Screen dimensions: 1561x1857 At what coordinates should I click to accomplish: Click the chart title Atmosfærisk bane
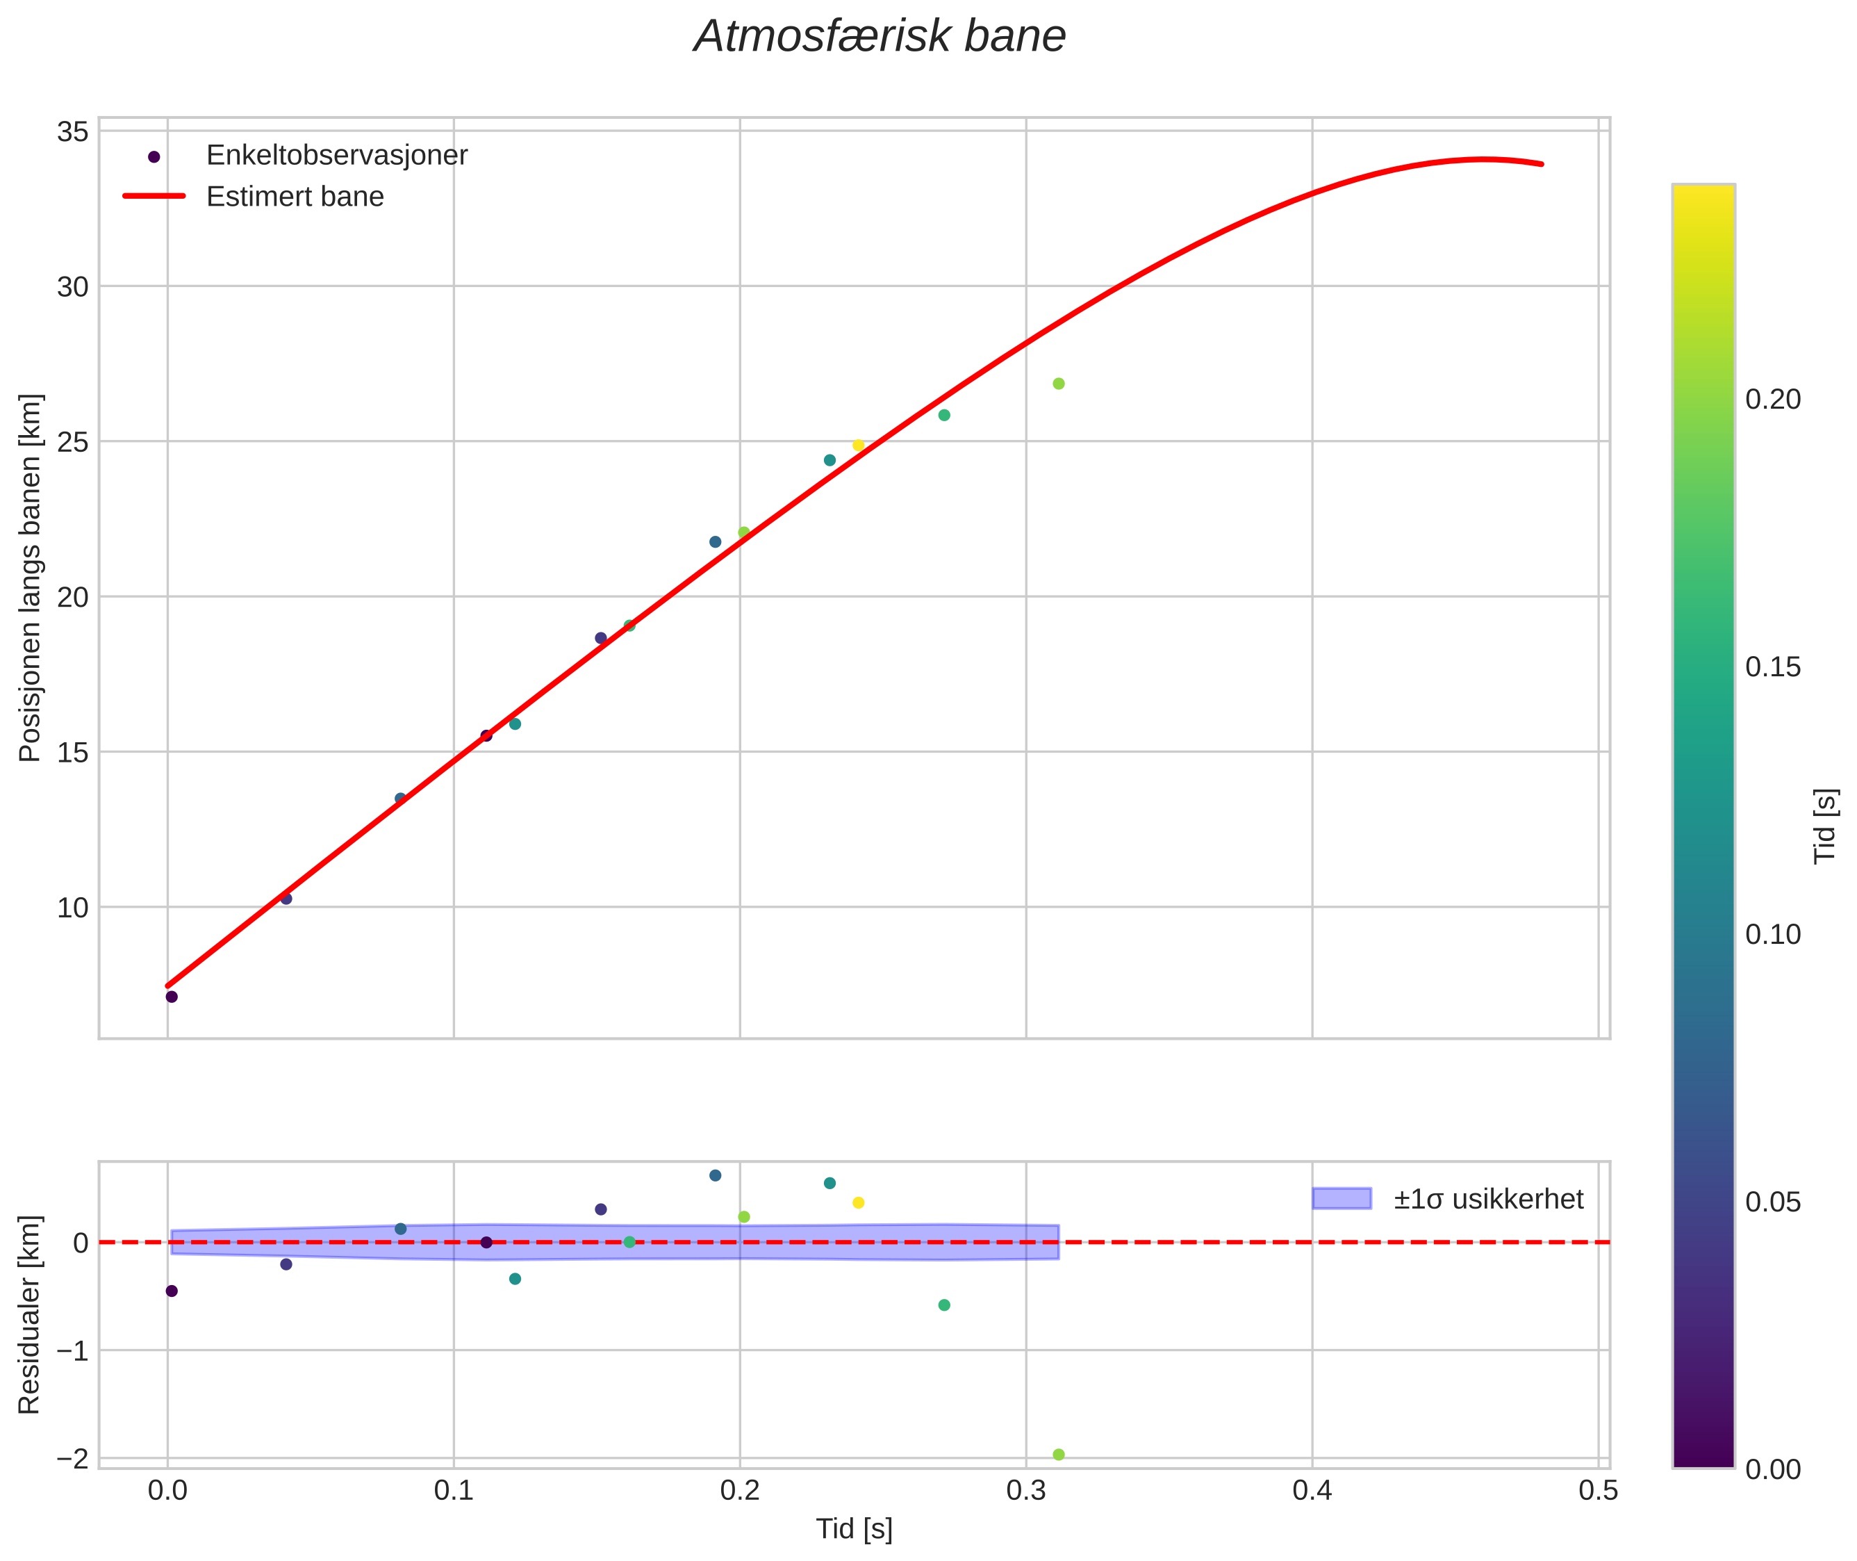click(x=880, y=37)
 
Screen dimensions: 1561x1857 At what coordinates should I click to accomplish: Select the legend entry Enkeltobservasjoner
click(x=336, y=156)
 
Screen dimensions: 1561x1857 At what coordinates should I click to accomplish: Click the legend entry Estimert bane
click(x=295, y=197)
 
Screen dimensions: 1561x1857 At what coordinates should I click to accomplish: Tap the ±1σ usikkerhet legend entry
click(x=1488, y=1199)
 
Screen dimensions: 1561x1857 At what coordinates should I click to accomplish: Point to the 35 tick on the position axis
click(x=72, y=132)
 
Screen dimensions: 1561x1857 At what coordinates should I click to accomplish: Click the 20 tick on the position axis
click(x=72, y=597)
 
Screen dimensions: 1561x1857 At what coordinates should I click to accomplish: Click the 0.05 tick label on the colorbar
click(x=1773, y=1202)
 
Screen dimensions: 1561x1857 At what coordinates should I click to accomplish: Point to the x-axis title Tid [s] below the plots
click(x=854, y=1529)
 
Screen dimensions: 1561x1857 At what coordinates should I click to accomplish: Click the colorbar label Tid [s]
click(x=1824, y=825)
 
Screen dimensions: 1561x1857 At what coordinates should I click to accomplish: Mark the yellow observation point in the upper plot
click(x=858, y=445)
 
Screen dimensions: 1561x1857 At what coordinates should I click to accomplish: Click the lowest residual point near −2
click(x=1058, y=1455)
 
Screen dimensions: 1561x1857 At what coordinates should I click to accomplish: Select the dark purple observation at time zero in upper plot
click(x=172, y=997)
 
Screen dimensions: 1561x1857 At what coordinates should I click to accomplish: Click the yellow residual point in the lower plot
click(x=858, y=1202)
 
